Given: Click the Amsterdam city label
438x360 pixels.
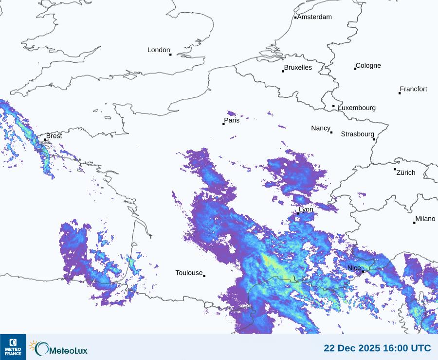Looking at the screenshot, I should click(x=314, y=17).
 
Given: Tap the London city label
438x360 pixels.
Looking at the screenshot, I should click(x=159, y=50).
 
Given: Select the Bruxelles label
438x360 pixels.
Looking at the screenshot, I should click(x=298, y=68).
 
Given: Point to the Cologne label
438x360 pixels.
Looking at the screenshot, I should click(x=368, y=66).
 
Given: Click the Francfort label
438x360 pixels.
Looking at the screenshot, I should click(x=413, y=89).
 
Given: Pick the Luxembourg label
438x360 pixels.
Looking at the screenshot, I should click(x=357, y=108).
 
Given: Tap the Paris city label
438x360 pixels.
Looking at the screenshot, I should click(x=232, y=120).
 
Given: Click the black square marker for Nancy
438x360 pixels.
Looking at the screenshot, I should click(x=331, y=133).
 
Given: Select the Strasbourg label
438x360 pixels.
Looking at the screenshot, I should click(x=357, y=134).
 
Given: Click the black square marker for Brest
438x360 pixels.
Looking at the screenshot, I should click(x=45, y=140).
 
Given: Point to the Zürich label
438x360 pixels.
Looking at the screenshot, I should click(x=406, y=172).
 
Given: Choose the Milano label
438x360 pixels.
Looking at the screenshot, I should click(x=425, y=219).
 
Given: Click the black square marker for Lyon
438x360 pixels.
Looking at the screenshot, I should click(x=298, y=213).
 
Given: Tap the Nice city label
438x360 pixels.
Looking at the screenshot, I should click(x=354, y=268).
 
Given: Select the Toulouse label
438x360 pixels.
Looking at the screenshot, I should click(x=189, y=273).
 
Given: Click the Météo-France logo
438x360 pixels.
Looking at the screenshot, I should click(x=13, y=347).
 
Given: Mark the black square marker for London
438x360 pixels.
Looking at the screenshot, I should click(x=170, y=55).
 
